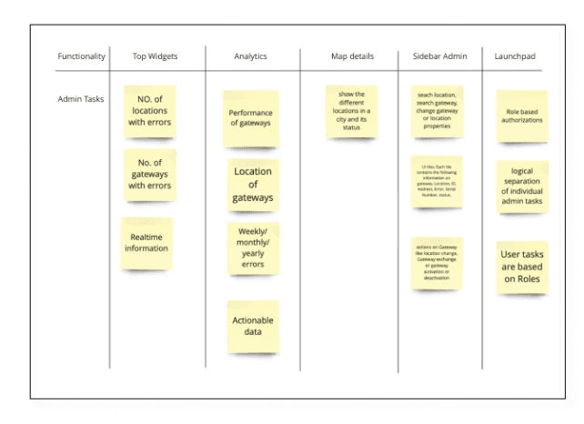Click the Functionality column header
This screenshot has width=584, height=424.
click(82, 56)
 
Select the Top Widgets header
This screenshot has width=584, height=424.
click(155, 56)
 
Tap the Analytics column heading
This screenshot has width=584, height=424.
click(250, 56)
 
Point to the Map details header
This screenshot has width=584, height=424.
click(351, 56)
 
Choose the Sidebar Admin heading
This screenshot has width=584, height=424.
click(439, 56)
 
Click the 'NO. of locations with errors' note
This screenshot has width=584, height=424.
click(149, 111)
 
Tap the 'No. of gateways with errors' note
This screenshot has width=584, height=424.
click(149, 174)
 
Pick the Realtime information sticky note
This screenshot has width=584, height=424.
click(146, 242)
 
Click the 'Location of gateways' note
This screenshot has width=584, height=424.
click(253, 185)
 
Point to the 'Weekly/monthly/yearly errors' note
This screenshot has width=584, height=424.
click(253, 247)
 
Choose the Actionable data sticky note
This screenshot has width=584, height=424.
click(253, 327)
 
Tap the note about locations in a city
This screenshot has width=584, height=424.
click(351, 111)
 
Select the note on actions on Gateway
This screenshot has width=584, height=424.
click(438, 263)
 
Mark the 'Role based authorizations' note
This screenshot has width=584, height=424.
click(522, 116)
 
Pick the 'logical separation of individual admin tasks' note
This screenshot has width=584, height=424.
click(522, 186)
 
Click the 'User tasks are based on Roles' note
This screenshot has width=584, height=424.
click(522, 267)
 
